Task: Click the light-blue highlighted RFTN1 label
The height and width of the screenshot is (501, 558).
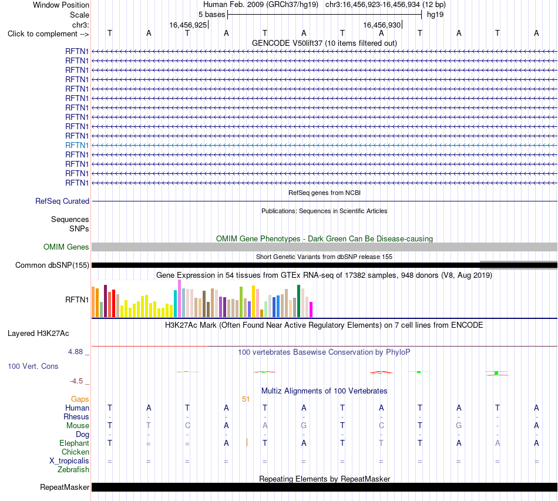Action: (x=77, y=145)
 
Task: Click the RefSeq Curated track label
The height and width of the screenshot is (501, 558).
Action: (x=62, y=201)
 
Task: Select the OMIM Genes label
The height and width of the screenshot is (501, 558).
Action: (x=66, y=247)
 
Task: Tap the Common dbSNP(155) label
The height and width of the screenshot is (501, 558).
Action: (x=52, y=265)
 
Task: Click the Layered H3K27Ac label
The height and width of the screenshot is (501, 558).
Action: (x=38, y=334)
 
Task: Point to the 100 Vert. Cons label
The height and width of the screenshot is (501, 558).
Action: (x=33, y=366)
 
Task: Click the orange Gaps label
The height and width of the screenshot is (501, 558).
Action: (x=80, y=399)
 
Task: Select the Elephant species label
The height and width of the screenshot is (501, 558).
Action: (x=75, y=443)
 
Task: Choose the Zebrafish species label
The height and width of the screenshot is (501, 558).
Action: (x=73, y=470)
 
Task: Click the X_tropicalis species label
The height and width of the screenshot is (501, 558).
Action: (x=69, y=461)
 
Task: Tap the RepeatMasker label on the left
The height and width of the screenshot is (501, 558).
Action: (x=65, y=487)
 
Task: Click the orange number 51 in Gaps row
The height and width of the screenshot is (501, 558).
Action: (x=246, y=399)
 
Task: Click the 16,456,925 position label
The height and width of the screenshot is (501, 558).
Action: (x=188, y=25)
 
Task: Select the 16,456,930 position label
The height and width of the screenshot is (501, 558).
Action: (x=382, y=25)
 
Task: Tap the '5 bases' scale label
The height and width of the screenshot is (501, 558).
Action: (x=211, y=15)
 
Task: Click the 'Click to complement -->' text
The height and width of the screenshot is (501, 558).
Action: (x=48, y=34)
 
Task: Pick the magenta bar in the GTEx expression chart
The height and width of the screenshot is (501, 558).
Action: (x=311, y=310)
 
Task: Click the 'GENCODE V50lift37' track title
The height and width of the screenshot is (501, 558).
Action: (x=287, y=43)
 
